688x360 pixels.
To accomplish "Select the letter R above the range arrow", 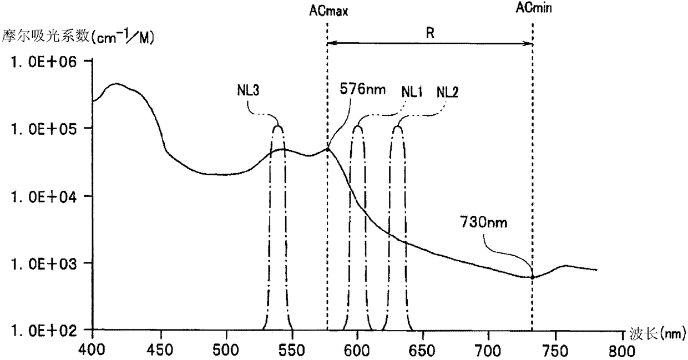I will click(x=429, y=33).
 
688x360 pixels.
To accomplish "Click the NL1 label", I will click(x=412, y=92).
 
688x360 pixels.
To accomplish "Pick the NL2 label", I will click(x=448, y=92).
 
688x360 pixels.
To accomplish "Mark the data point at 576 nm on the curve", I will click(x=327, y=149).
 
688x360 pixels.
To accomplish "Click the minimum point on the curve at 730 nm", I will click(x=533, y=277).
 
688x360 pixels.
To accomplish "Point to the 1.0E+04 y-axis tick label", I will click(x=39, y=196).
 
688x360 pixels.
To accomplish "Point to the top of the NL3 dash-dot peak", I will click(x=278, y=126).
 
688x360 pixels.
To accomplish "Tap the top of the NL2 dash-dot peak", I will click(x=398, y=126).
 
